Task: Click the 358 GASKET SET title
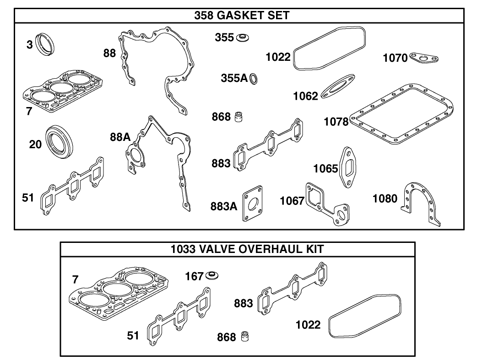pyautogui.click(x=242, y=16)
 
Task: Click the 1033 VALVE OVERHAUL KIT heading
pyautogui.click(x=247, y=249)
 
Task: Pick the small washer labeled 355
pyautogui.click(x=242, y=37)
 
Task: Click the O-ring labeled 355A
pyautogui.click(x=254, y=79)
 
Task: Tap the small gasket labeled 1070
pyautogui.click(x=424, y=58)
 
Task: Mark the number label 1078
pyautogui.click(x=336, y=122)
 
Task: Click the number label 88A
pyautogui.click(x=120, y=136)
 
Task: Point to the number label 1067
pyautogui.click(x=292, y=200)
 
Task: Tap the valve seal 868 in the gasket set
pyautogui.click(x=238, y=117)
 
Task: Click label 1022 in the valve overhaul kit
pyautogui.click(x=308, y=325)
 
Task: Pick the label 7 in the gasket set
pyautogui.click(x=29, y=111)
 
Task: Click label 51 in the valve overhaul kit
pyautogui.click(x=133, y=335)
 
